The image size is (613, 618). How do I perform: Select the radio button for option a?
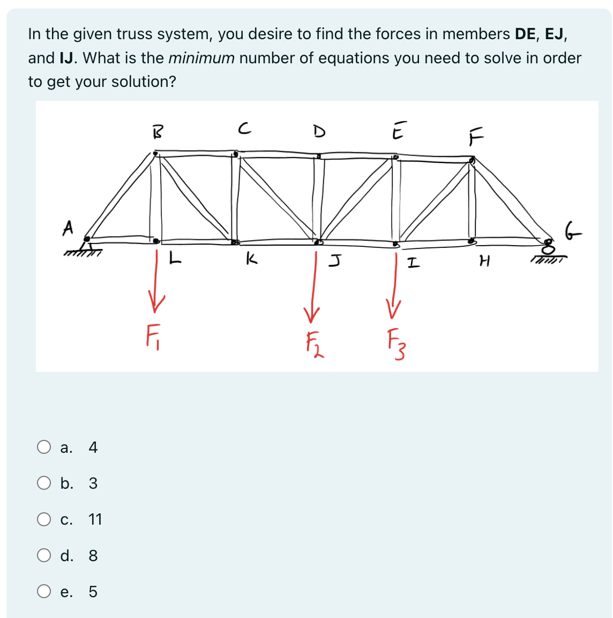[44, 447]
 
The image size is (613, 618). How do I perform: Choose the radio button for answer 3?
[44, 483]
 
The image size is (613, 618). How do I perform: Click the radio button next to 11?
[44, 519]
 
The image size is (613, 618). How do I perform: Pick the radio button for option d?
[44, 555]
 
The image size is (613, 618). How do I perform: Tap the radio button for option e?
[44, 591]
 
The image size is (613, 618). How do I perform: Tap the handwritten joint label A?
[68, 227]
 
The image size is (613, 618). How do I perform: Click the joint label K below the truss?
[250, 260]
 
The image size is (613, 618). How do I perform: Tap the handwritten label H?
[484, 262]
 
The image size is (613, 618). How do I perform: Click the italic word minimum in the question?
[201, 58]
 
